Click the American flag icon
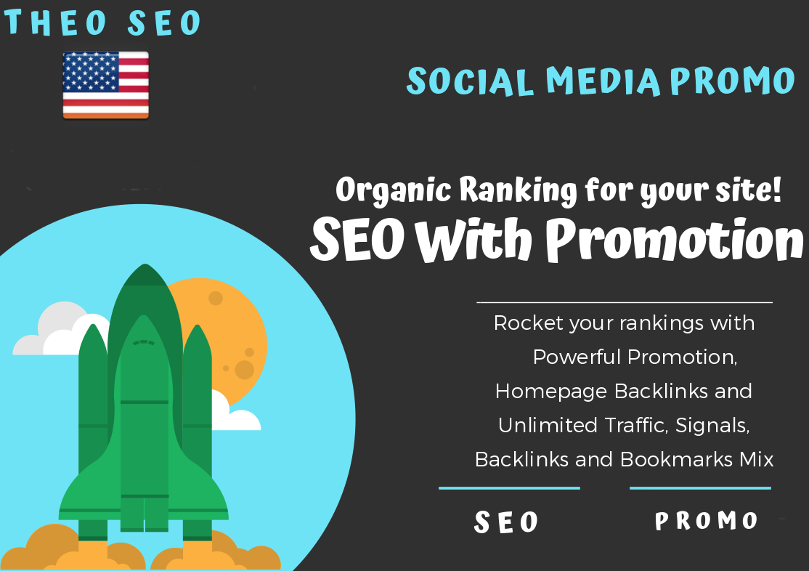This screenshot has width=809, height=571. click(105, 84)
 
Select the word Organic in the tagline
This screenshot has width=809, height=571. click(394, 191)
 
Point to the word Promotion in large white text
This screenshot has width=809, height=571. click(675, 240)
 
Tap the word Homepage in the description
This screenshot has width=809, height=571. click(552, 391)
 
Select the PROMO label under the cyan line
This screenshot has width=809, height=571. click(707, 521)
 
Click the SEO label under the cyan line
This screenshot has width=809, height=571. click(507, 522)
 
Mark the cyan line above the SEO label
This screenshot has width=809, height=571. click(509, 488)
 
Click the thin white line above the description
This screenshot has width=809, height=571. click(624, 301)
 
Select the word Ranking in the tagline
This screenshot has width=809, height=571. click(511, 191)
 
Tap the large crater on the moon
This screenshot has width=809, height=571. click(245, 369)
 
